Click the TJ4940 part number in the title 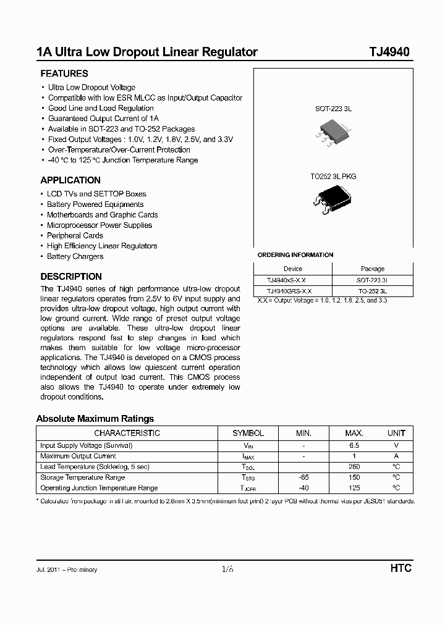point(389,52)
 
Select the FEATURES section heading point(64,73)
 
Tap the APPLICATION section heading point(70,180)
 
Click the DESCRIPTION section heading point(71,277)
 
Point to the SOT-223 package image point(333,131)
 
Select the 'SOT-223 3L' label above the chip point(333,108)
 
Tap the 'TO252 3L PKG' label point(333,176)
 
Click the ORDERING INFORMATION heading point(295,255)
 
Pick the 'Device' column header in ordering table point(293,269)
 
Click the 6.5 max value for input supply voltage point(354,445)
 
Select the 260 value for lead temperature point(354,467)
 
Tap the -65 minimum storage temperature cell point(303,477)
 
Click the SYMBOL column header point(248,433)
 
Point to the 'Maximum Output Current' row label point(78,456)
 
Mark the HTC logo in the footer point(400,568)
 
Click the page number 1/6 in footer point(227,569)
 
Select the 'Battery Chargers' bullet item point(75,256)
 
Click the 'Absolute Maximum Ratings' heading point(95,419)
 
